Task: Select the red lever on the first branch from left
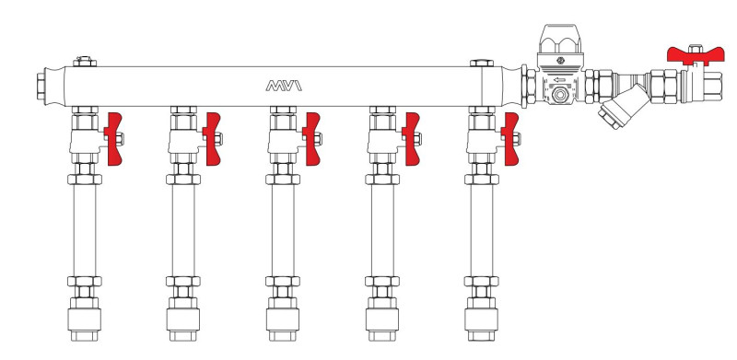tap(115, 139)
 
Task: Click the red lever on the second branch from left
tap(212, 139)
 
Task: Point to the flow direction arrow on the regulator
tap(559, 79)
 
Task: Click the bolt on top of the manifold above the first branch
tap(85, 63)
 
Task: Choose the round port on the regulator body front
tap(559, 96)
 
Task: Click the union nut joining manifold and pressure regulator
tap(528, 87)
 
